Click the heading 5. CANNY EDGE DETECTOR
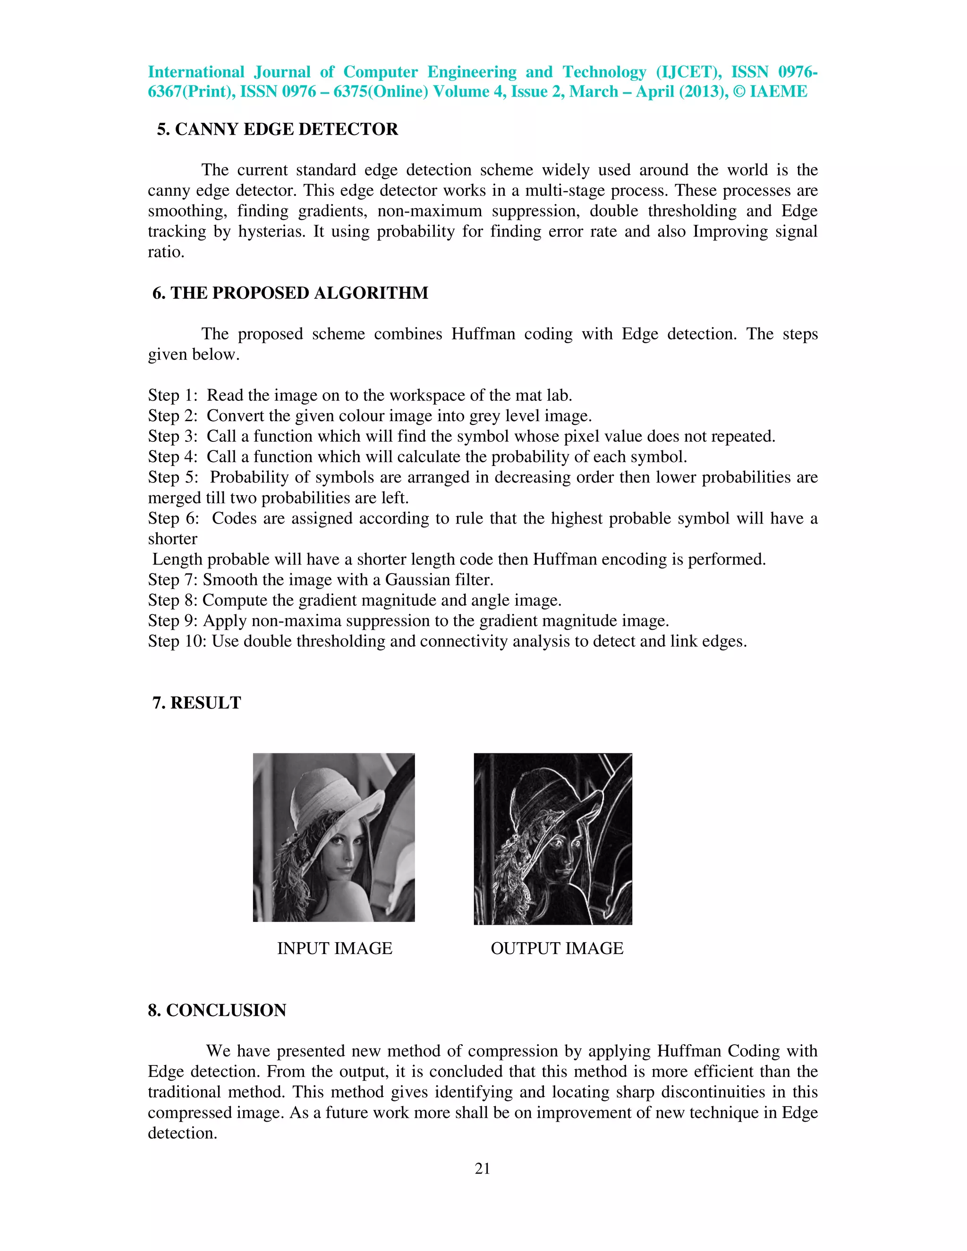click(277, 129)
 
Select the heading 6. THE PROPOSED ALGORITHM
click(290, 293)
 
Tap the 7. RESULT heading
click(196, 703)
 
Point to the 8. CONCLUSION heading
click(217, 1010)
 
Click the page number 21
click(483, 1168)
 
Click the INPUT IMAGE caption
click(335, 948)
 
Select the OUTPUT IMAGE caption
click(556, 948)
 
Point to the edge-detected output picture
click(553, 839)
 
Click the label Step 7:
click(173, 580)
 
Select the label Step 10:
click(178, 641)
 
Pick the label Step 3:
click(173, 437)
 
